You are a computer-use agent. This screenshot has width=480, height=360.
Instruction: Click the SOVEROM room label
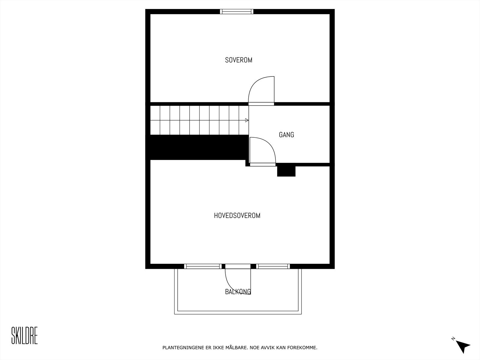238,60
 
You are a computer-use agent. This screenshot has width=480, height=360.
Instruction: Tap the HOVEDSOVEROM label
237,215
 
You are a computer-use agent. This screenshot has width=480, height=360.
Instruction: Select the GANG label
286,135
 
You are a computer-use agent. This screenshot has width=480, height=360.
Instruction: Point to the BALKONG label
238,292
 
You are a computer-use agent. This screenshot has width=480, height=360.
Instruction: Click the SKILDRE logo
24,336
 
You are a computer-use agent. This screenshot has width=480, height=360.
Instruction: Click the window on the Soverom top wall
237,12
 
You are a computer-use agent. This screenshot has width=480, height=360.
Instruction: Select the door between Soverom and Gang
261,90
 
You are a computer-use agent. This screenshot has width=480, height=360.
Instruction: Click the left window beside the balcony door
203,266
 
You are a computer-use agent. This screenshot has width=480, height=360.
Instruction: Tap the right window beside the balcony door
273,266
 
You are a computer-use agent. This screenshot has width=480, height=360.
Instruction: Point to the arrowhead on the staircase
247,120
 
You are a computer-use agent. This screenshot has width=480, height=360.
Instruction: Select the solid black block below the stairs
198,147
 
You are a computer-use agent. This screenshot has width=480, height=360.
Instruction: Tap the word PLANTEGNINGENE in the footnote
179,348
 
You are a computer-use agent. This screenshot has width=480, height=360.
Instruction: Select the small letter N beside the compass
453,339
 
